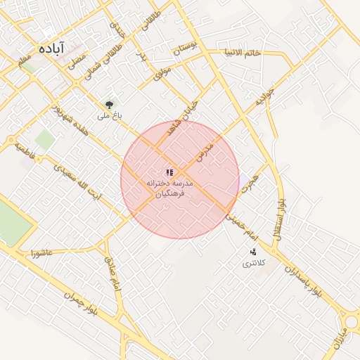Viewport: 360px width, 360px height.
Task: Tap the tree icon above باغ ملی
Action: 109,104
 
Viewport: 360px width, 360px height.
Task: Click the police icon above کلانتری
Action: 252,252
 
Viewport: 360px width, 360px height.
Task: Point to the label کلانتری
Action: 251,264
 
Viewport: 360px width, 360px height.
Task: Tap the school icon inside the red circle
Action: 169,172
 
